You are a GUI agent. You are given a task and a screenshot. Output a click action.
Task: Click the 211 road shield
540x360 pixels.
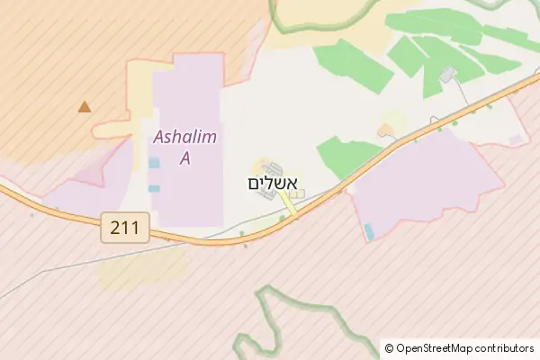point(125,227)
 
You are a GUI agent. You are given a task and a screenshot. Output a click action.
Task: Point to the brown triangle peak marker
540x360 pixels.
point(85,107)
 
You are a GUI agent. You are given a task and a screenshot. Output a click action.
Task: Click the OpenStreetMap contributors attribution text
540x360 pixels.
point(459,347)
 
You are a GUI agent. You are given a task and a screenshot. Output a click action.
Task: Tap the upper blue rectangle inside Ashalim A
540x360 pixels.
point(154,163)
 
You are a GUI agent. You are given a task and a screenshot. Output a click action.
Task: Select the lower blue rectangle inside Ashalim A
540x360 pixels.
point(154,188)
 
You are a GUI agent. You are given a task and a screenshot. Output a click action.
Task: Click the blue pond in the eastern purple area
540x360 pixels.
point(369,231)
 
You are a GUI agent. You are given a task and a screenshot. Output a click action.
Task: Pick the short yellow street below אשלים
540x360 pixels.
point(287,205)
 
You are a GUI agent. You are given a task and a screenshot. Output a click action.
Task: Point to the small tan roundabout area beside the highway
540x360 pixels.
point(389,130)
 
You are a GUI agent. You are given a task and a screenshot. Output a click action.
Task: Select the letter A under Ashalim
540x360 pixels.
point(185,158)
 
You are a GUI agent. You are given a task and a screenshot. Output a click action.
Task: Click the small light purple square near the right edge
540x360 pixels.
point(515,139)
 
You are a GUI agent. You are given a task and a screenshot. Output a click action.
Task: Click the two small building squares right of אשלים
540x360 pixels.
point(298,193)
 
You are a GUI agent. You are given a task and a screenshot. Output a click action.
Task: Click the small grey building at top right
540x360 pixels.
point(447,76)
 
